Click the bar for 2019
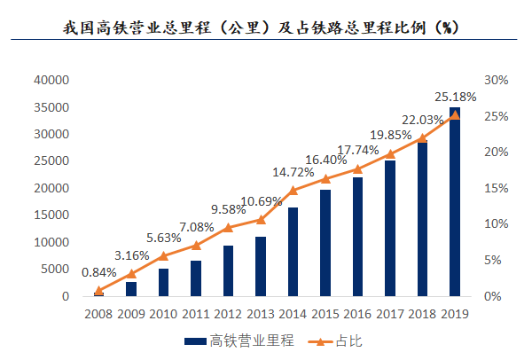(455, 202)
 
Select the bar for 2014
(293, 252)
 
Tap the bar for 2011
(196, 278)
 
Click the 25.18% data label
(456, 96)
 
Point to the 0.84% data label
(99, 272)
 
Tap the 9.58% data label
(228, 209)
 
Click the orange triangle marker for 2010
(163, 255)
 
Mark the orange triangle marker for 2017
(390, 153)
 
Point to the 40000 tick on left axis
(51, 80)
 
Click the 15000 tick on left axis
(51, 215)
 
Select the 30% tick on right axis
(496, 80)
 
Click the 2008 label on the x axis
(98, 313)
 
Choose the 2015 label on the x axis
(325, 313)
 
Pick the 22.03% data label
(423, 120)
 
